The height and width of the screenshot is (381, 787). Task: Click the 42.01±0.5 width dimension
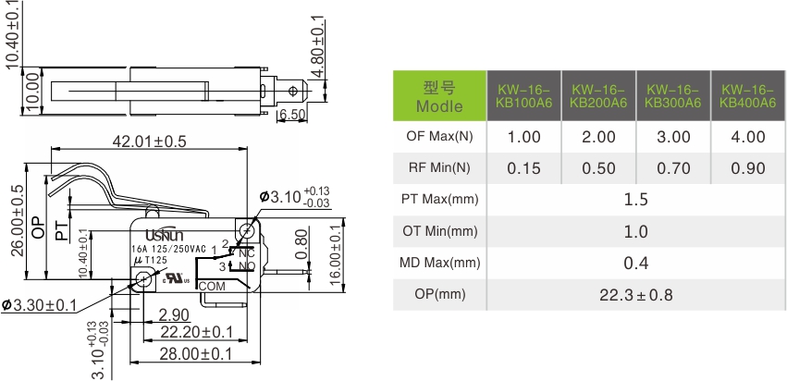(149, 141)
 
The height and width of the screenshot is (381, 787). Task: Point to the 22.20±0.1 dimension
(196, 332)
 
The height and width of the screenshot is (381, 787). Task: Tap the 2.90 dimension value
(174, 314)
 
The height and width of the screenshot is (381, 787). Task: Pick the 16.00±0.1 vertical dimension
(335, 252)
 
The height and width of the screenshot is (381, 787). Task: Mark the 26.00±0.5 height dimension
(17, 220)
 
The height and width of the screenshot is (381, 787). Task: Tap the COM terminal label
(213, 286)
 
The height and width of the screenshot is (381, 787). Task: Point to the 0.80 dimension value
(302, 243)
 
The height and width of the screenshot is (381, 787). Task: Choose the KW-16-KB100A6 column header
(523, 95)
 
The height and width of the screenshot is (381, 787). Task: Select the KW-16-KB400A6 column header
(747, 95)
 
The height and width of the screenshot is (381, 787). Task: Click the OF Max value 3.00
(673, 137)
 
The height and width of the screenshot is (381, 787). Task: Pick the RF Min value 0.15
(523, 168)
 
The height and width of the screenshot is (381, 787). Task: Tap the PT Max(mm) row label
(439, 200)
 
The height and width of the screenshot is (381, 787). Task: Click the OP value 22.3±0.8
(635, 295)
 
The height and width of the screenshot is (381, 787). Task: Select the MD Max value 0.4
(635, 264)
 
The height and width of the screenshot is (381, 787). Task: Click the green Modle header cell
(439, 95)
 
